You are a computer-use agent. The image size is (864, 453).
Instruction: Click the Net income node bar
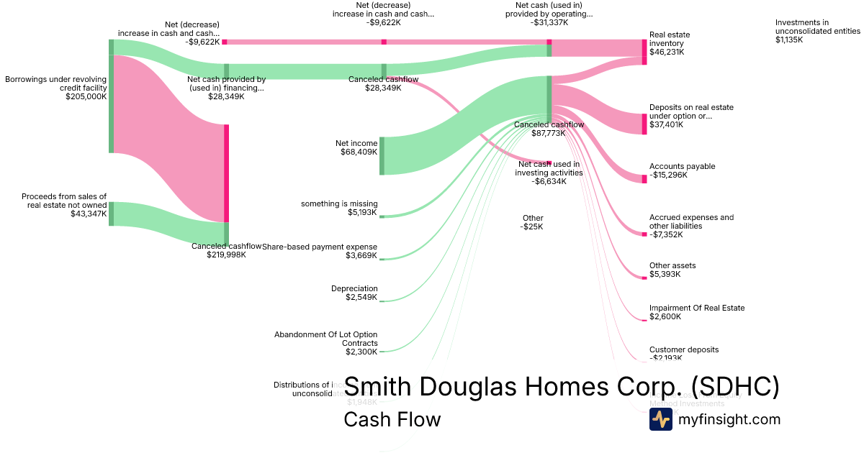(382, 155)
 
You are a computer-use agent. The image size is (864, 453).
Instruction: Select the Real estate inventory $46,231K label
(667, 43)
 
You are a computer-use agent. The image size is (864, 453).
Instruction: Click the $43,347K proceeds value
(89, 214)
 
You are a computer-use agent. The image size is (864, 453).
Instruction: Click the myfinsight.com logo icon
(660, 419)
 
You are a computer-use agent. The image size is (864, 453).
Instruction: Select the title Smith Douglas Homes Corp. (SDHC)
(562, 387)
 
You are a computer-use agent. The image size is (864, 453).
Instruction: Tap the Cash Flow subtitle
(392, 419)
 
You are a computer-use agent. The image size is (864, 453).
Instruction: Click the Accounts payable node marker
(644, 179)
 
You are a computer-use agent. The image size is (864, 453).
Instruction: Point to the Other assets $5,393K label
(672, 270)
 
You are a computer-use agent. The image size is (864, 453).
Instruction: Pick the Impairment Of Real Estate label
(697, 308)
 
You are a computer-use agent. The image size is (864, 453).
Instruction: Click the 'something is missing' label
(339, 203)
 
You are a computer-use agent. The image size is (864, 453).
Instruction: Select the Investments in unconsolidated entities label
(817, 31)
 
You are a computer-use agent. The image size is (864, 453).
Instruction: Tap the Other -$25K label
(533, 222)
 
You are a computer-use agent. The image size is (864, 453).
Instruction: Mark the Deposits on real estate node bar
(644, 124)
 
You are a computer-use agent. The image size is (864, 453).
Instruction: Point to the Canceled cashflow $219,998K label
(226, 250)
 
